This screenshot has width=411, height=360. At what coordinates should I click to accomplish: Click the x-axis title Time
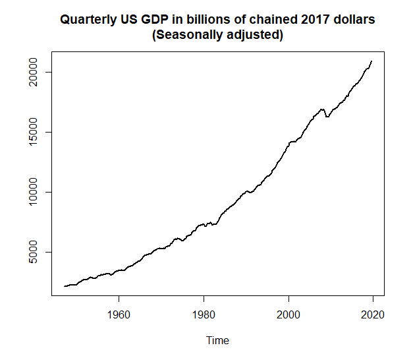[217, 340]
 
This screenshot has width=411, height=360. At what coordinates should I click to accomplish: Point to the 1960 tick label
[119, 314]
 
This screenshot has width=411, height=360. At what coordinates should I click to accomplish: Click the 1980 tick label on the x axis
[204, 314]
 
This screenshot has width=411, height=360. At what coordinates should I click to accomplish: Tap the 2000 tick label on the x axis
[288, 314]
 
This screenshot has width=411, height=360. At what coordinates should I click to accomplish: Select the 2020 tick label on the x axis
[373, 314]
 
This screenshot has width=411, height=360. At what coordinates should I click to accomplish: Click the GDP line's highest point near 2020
[372, 61]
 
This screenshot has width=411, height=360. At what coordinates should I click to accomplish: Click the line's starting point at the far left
[64, 286]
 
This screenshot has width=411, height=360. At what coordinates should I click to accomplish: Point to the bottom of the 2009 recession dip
[327, 117]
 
